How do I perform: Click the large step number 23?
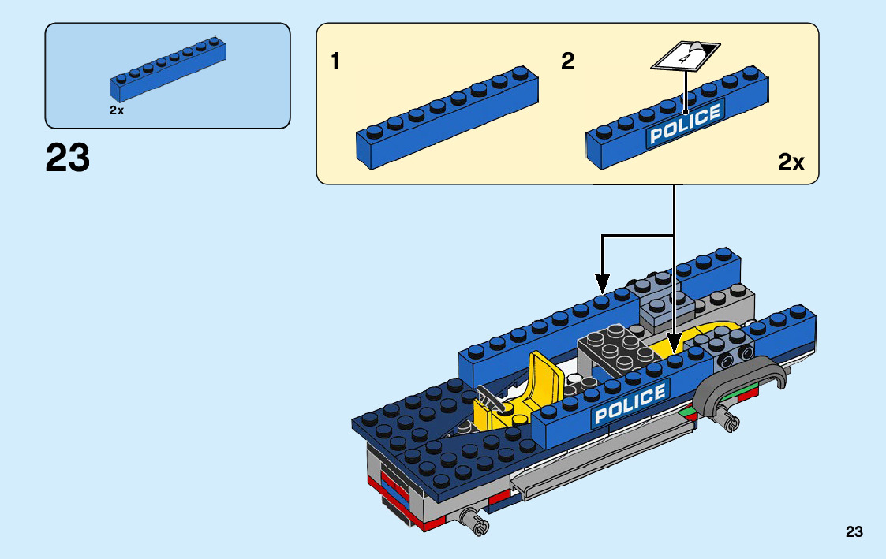68,158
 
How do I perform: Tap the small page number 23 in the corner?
854,532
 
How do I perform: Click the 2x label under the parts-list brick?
117,111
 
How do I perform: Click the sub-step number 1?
335,61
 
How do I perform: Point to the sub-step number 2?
568,61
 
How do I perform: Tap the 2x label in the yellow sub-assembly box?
791,163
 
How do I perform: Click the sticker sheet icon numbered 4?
684,54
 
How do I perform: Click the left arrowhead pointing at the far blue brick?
603,281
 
